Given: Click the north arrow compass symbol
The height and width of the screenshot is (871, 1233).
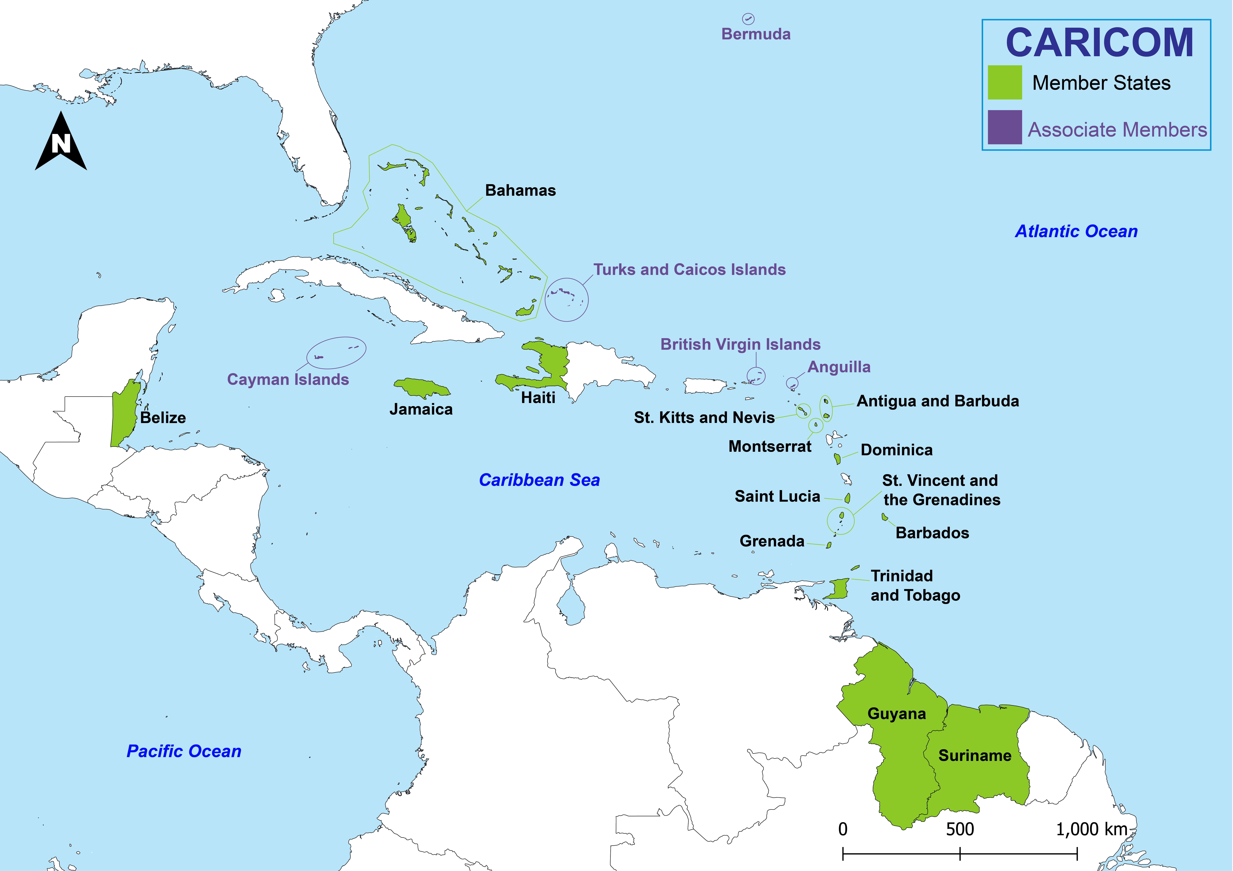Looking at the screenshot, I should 61,142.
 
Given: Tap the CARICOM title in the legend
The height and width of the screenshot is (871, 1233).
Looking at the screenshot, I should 1099,43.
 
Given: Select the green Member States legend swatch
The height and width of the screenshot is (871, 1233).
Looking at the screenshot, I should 1004,82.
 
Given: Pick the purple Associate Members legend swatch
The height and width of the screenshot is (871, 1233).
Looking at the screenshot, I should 1004,127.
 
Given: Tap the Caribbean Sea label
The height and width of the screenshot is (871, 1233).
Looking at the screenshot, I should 539,480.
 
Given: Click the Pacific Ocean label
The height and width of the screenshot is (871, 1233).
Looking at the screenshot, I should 184,751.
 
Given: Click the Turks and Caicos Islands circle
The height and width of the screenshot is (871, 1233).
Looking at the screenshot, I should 567,300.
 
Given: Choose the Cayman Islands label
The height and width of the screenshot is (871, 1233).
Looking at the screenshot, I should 288,380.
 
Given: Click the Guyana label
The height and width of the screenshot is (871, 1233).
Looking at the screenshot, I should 896,714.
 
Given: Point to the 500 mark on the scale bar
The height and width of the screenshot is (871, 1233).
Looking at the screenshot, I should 960,853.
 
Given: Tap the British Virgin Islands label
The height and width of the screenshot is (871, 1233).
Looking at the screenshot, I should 740,344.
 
